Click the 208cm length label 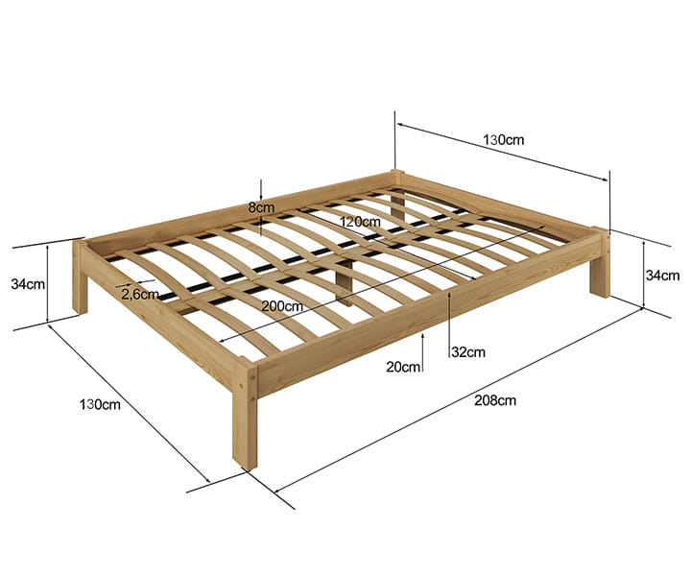[x=495, y=400]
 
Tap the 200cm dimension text [x=282, y=306]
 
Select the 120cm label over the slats [x=360, y=221]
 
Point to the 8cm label [x=261, y=207]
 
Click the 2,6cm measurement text [x=140, y=295]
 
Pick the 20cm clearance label [x=403, y=367]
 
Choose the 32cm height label [x=468, y=351]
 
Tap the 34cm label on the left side [x=28, y=284]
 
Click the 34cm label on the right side [x=663, y=276]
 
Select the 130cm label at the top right [x=504, y=140]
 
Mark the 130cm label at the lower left [x=100, y=404]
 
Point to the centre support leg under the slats [x=345, y=281]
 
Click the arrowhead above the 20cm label [x=422, y=337]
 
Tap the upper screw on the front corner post [x=251, y=377]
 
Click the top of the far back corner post [x=397, y=172]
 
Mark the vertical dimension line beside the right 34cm [x=644, y=274]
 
